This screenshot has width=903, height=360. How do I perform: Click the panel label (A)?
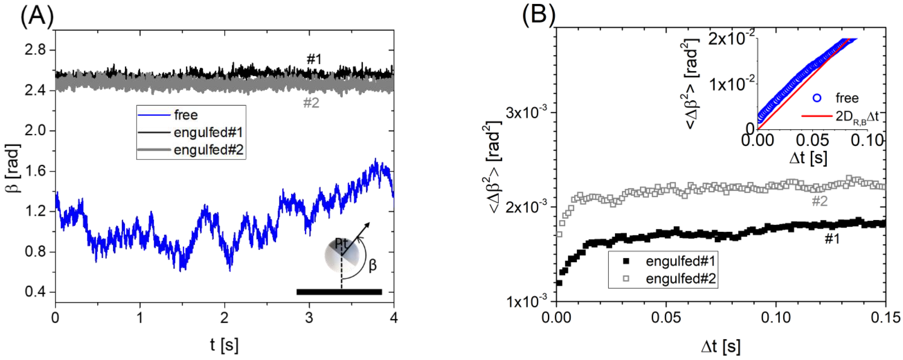tap(37, 16)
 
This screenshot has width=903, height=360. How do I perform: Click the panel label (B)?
tap(539, 16)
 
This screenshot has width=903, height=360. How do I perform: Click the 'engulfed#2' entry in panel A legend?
tap(208, 150)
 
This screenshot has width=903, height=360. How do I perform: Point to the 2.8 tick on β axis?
tap(35, 50)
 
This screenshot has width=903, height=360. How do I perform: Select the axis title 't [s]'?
tap(224, 345)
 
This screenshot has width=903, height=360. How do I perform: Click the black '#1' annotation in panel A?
tap(314, 60)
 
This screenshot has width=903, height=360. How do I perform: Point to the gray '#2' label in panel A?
tap(311, 103)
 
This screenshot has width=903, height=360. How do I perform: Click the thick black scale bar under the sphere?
tap(339, 292)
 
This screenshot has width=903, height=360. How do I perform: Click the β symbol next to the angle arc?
tap(373, 265)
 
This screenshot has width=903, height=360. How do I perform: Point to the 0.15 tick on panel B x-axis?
tap(886, 318)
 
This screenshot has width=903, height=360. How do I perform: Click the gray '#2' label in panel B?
tap(819, 201)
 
